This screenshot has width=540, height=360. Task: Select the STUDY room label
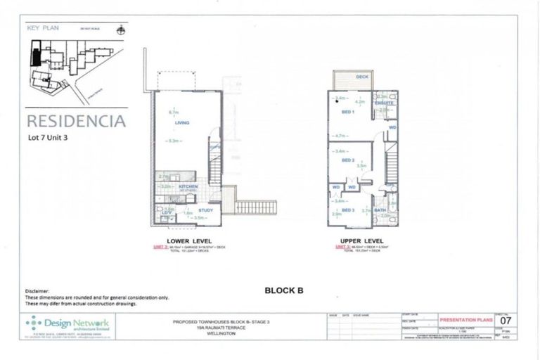[206, 210]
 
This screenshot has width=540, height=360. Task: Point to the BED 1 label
[347, 112]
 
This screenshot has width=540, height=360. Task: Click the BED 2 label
[347, 160]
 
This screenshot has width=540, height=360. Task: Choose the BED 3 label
[347, 210]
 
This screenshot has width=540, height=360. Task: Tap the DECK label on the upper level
[362, 77]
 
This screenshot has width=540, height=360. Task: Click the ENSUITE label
[384, 103]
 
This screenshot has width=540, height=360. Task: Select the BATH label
[380, 210]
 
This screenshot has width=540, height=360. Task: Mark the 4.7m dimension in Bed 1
[342, 136]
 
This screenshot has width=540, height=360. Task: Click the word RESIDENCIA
[76, 121]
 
